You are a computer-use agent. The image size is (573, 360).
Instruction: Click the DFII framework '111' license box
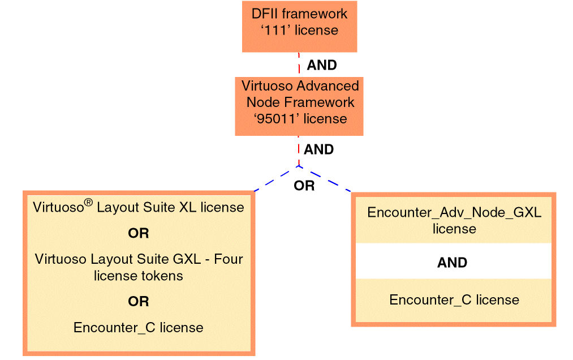click(299, 26)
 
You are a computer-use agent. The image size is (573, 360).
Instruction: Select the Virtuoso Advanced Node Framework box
click(299, 106)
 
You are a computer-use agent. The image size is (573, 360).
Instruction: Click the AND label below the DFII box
click(322, 65)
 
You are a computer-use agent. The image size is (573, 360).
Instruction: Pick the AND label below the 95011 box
click(318, 150)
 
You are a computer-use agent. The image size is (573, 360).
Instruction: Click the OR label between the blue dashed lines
click(304, 186)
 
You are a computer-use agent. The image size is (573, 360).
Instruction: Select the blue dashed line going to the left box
click(276, 179)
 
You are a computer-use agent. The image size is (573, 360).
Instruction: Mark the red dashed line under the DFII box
click(299, 64)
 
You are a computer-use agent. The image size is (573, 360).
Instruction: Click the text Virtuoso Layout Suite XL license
click(139, 207)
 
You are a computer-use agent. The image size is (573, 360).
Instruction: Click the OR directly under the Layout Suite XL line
click(139, 233)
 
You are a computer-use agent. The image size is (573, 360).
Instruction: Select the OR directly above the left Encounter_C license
click(139, 302)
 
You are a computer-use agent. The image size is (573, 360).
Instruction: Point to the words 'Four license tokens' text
click(139, 276)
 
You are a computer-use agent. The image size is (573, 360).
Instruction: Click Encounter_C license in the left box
click(139, 327)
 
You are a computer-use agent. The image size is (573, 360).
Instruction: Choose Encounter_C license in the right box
click(454, 300)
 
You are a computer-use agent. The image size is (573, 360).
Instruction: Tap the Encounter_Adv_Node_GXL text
click(454, 213)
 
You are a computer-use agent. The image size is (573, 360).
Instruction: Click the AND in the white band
click(453, 263)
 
